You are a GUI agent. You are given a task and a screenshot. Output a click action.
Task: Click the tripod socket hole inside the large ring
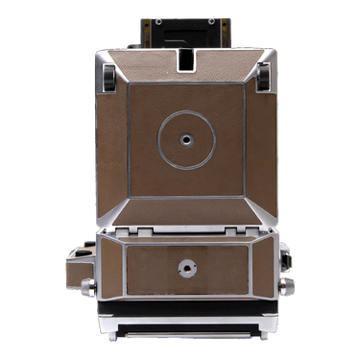tap(180, 137)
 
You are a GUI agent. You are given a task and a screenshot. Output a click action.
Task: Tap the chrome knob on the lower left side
tap(86, 287)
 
